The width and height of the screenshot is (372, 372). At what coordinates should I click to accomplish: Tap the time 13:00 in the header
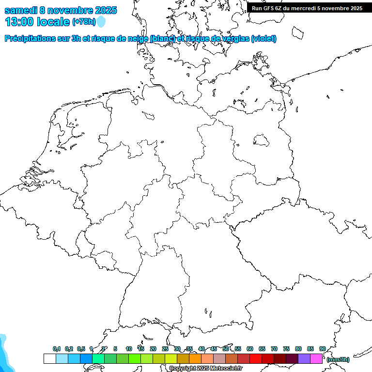pyautogui.click(x=19, y=22)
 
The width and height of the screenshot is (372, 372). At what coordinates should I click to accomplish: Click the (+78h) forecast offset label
pyautogui.click(x=84, y=22)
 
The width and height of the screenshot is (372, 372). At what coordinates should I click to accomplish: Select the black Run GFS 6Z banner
pyautogui.click(x=307, y=8)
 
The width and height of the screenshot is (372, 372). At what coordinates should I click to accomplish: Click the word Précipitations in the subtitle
pyautogui.click(x=33, y=38)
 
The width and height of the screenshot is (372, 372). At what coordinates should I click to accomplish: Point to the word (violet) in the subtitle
pyautogui.click(x=264, y=38)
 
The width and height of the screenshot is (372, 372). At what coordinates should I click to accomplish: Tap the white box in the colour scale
pyautogui.click(x=49, y=358)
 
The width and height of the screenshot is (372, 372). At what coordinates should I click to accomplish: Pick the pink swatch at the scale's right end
pyautogui.click(x=316, y=358)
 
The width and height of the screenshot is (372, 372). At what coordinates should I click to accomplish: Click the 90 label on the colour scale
pyautogui.click(x=322, y=349)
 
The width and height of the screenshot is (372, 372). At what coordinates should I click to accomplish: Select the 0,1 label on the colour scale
pyautogui.click(x=57, y=349)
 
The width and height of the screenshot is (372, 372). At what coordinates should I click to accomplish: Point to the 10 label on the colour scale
pyautogui.click(x=128, y=349)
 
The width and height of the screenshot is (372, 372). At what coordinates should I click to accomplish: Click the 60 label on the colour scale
pyautogui.click(x=249, y=349)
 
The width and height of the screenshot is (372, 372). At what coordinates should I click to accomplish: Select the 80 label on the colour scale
pyautogui.click(x=298, y=349)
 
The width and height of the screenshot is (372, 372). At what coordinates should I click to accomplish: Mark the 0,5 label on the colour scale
pyautogui.click(x=81, y=349)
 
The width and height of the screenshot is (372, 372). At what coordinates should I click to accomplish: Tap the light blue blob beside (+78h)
pyautogui.click(x=101, y=22)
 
